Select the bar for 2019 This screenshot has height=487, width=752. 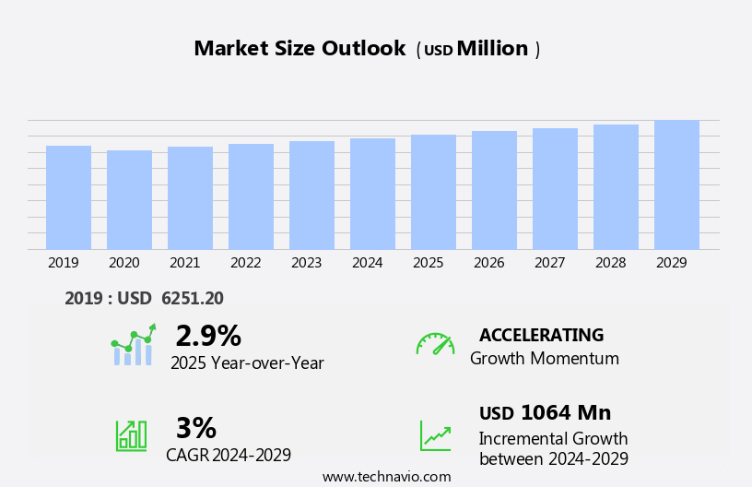[68, 197]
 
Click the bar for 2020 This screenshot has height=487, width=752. [129, 199]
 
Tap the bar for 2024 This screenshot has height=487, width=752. [372, 194]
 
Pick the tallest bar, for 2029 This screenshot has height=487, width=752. [676, 184]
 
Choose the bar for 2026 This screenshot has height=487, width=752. [494, 190]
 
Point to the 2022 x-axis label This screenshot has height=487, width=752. [246, 263]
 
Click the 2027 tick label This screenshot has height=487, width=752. [550, 263]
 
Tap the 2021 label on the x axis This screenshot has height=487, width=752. [185, 263]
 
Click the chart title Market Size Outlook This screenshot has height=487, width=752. [300, 49]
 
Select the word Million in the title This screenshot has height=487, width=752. [492, 49]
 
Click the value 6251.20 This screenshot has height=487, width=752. [192, 299]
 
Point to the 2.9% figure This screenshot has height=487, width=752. [208, 337]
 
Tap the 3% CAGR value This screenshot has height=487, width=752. [195, 429]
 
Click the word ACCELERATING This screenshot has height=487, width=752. [541, 336]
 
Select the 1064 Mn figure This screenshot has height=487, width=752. [565, 413]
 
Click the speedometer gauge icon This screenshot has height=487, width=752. [435, 344]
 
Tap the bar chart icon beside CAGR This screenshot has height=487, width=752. [131, 434]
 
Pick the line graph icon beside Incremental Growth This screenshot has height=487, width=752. [435, 435]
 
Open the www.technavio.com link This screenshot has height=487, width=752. [386, 477]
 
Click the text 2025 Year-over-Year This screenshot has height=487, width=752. [247, 363]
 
